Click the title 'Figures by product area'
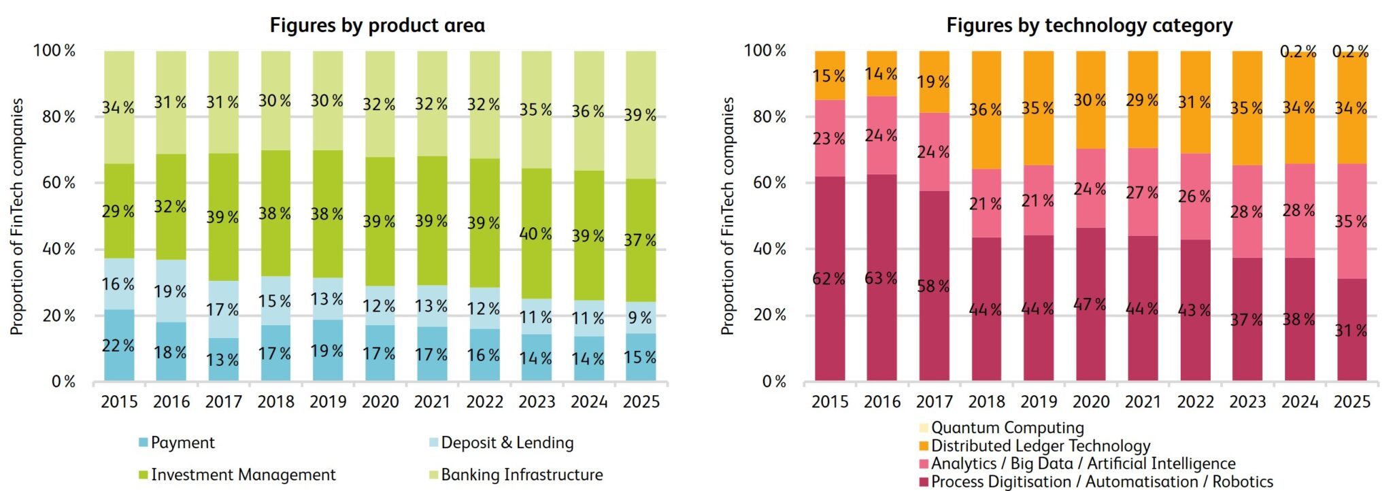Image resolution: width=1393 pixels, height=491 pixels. (377, 26)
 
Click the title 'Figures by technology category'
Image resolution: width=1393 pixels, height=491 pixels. (1089, 26)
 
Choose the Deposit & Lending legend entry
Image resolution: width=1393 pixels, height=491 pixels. (507, 443)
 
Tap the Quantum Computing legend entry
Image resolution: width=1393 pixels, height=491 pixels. (1007, 428)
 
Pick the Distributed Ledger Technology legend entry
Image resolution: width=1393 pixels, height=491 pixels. (1040, 446)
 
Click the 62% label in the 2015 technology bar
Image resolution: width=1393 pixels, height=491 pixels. (828, 279)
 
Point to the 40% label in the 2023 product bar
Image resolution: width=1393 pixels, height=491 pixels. (535, 234)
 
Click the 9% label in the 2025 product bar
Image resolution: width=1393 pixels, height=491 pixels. (640, 318)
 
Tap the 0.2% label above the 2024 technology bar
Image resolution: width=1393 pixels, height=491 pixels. (1298, 52)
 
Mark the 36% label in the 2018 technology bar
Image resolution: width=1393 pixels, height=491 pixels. (986, 109)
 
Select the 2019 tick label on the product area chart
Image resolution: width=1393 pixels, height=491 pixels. (328, 402)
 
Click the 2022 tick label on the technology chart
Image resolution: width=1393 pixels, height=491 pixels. (1195, 402)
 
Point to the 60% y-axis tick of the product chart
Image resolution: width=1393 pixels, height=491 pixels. (58, 183)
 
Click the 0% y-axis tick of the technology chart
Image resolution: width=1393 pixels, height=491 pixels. (774, 382)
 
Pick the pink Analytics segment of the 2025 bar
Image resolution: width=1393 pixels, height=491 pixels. (1352, 197)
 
